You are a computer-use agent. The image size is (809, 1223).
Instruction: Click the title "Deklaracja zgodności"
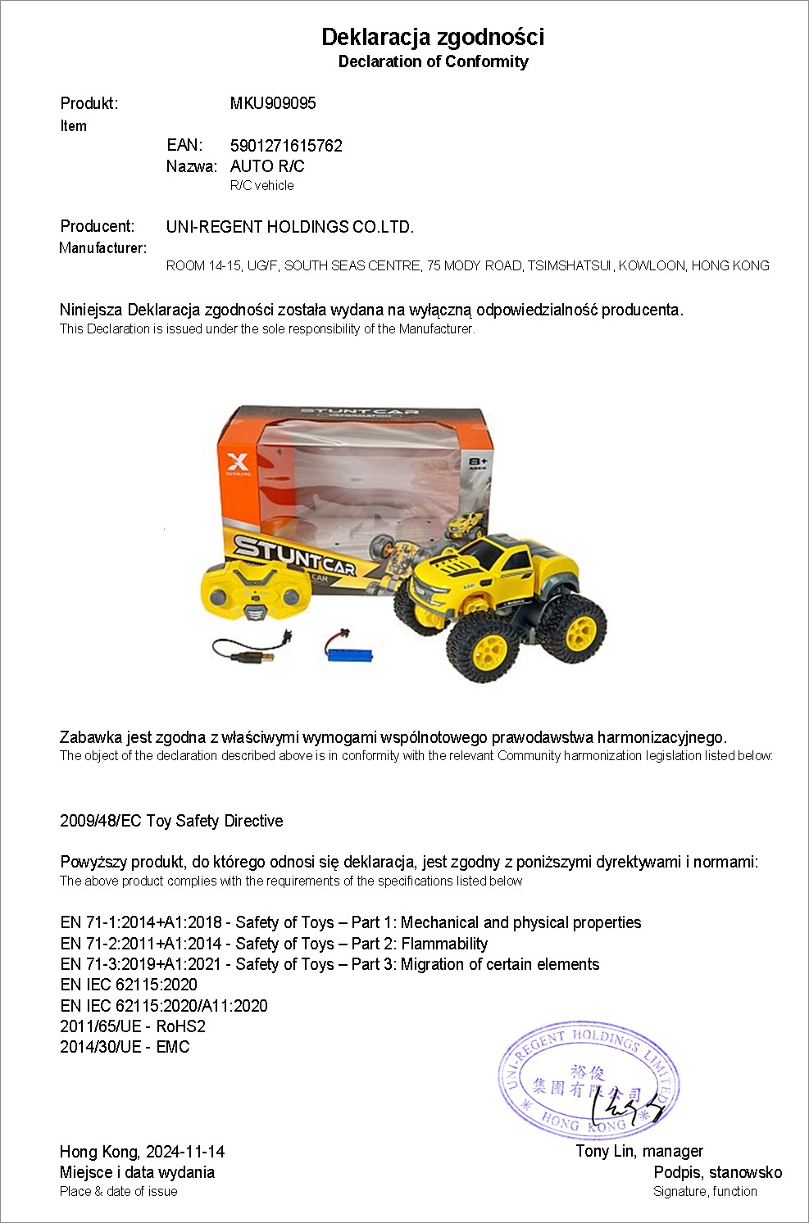(432, 37)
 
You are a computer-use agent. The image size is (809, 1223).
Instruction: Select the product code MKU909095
(273, 103)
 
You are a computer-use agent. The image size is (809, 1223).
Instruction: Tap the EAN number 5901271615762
(286, 146)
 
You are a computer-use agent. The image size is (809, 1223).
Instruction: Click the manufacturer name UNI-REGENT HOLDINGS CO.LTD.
(290, 227)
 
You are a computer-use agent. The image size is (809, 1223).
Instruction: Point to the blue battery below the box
(350, 655)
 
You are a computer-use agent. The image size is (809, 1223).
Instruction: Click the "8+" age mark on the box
(478, 463)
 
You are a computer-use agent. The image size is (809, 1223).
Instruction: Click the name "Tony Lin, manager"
(639, 1151)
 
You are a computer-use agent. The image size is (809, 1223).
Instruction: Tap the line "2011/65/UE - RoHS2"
(133, 1026)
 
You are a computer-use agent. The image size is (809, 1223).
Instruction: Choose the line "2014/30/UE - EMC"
(125, 1047)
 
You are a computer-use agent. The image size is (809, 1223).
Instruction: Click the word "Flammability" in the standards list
(444, 944)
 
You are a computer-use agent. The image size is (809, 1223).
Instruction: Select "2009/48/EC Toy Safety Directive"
(171, 821)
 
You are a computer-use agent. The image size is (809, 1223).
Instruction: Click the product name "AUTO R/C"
(267, 166)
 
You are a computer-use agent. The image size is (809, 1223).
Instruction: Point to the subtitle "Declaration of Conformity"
(433, 61)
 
